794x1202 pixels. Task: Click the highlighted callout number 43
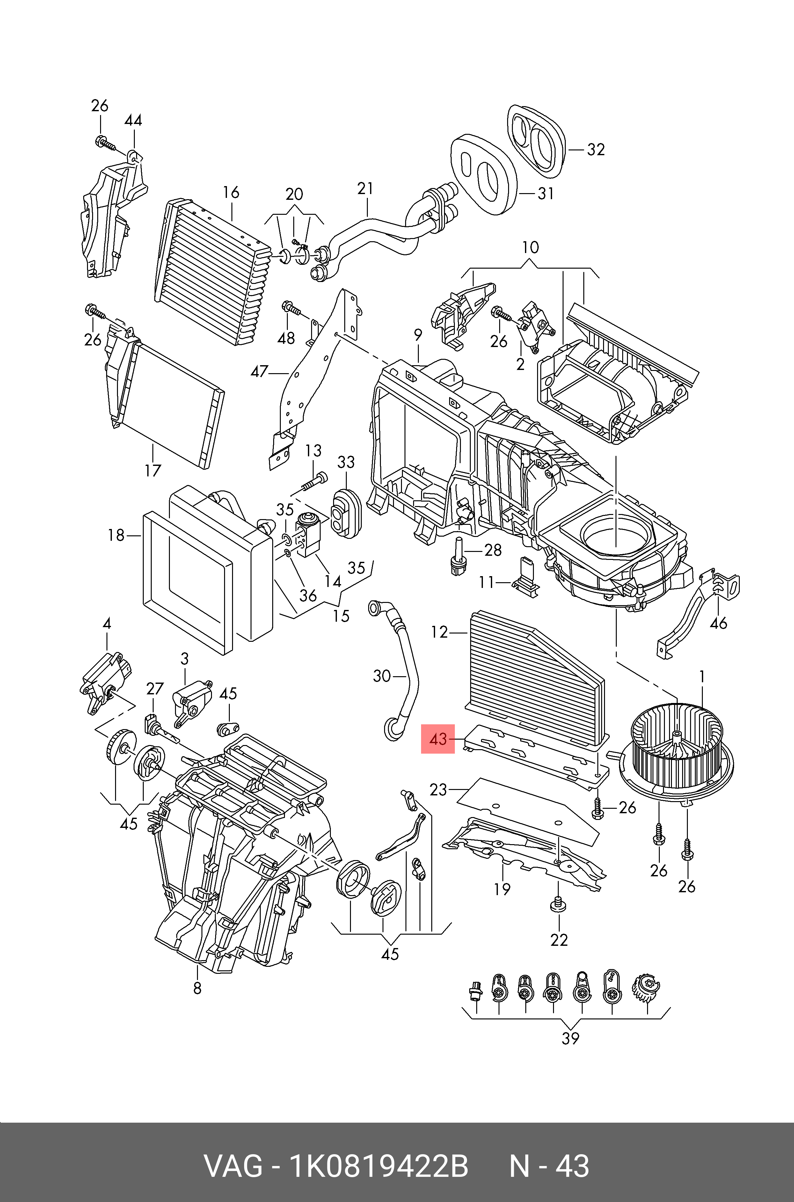click(x=438, y=739)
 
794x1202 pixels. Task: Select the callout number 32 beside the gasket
click(x=596, y=149)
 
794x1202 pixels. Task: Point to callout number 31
click(x=545, y=193)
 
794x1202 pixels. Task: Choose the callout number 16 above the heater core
click(x=231, y=192)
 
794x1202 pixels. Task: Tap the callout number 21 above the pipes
click(x=365, y=188)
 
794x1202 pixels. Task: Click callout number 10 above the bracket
click(x=530, y=248)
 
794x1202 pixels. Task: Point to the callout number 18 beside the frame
click(x=116, y=535)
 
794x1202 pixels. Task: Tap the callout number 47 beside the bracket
click(x=259, y=372)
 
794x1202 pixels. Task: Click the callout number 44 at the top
click(x=133, y=120)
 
